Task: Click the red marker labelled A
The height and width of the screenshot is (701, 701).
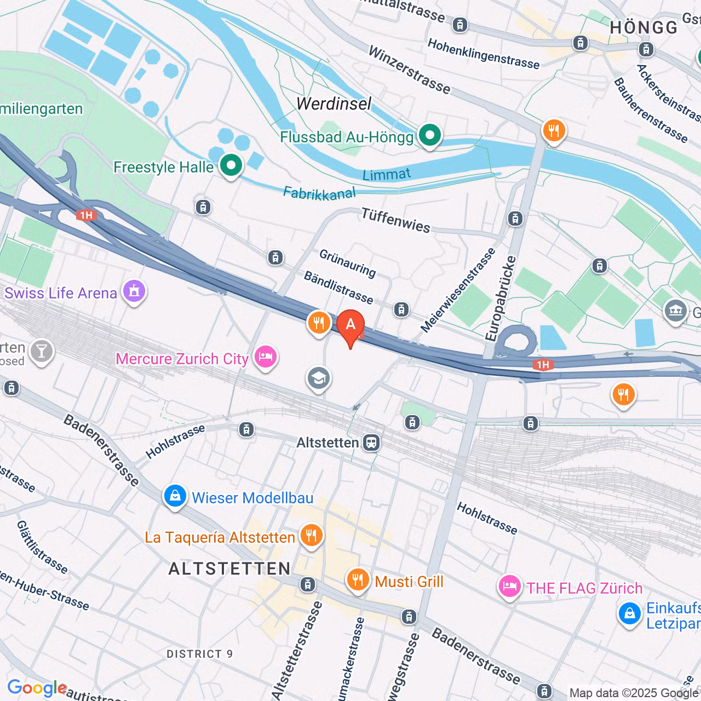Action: click(x=350, y=325)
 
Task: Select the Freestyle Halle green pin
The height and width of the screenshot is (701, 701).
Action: click(x=231, y=165)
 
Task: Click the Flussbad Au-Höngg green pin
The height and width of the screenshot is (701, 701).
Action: click(x=430, y=135)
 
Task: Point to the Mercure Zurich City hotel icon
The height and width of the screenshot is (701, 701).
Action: click(x=266, y=357)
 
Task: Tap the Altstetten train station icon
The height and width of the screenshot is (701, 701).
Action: click(x=371, y=443)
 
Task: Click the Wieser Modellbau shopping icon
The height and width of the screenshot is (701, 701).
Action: click(x=175, y=497)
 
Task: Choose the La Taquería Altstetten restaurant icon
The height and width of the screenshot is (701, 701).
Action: click(x=311, y=536)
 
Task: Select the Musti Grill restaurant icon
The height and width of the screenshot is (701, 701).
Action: click(x=358, y=580)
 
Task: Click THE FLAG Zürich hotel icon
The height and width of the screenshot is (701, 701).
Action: click(x=509, y=587)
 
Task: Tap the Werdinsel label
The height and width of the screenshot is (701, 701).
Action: click(x=334, y=104)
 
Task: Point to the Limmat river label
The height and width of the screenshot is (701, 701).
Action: click(x=387, y=175)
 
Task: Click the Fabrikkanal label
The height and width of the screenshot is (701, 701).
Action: click(x=319, y=193)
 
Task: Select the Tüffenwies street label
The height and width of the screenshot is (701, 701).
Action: click(x=395, y=220)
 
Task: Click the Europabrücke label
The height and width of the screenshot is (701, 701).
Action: click(x=501, y=298)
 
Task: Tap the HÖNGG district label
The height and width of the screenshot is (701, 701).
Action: click(x=643, y=27)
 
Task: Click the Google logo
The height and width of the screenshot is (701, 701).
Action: click(x=37, y=688)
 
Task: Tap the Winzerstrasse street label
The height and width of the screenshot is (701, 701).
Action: click(x=409, y=70)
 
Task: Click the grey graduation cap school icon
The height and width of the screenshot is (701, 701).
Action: click(x=319, y=378)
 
